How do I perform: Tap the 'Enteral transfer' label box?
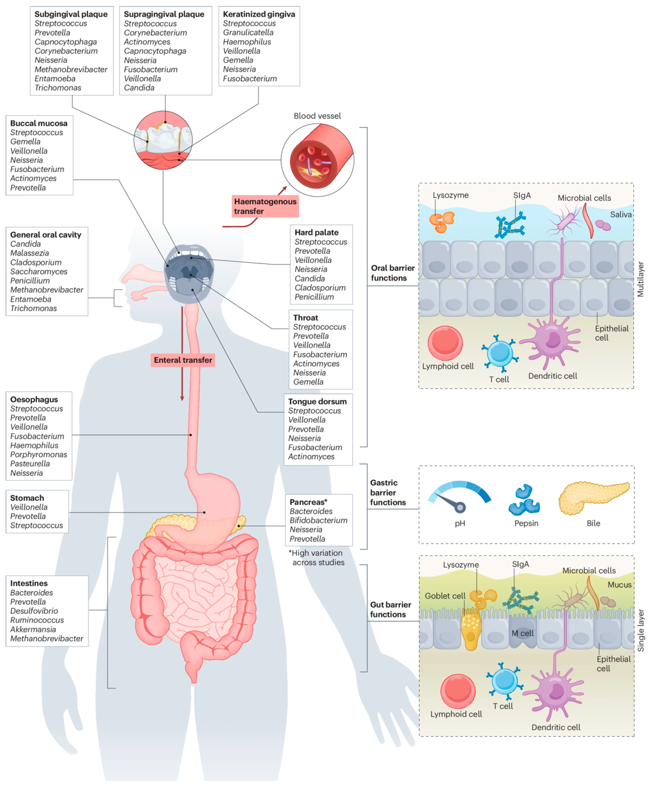[x=183, y=360]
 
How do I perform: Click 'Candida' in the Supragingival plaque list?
[x=139, y=88]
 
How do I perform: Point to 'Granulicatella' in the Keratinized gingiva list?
[x=248, y=33]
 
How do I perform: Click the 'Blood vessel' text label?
[x=317, y=116]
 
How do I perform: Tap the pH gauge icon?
[x=459, y=497]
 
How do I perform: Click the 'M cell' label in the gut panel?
[x=522, y=633]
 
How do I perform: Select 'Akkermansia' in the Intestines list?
[x=33, y=629]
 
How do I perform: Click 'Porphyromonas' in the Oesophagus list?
[x=38, y=454]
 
